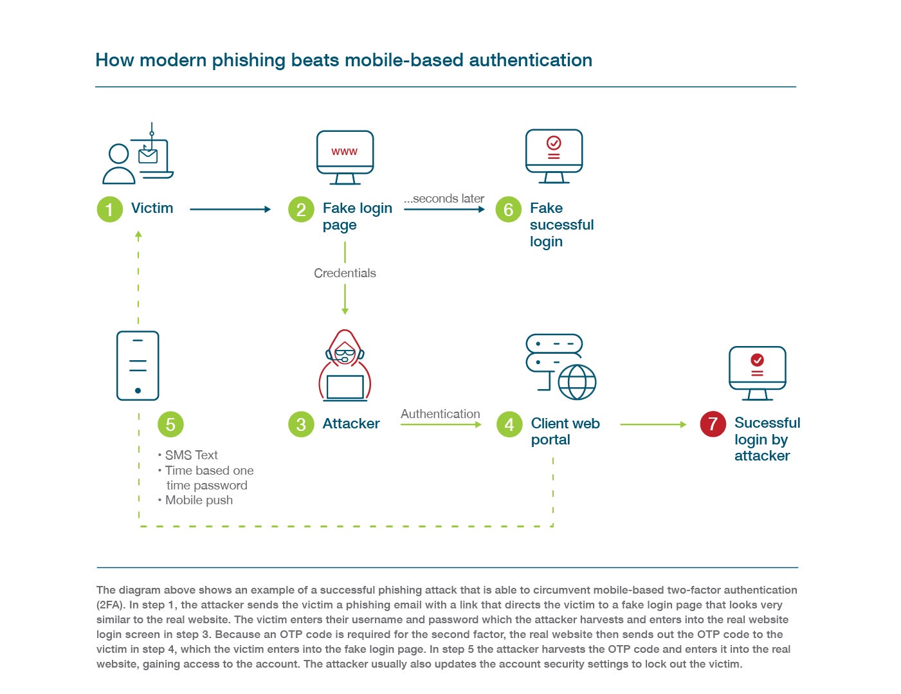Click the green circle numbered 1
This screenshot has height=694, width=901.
click(x=109, y=209)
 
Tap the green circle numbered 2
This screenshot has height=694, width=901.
click(x=301, y=209)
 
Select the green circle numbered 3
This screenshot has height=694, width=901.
click(x=301, y=424)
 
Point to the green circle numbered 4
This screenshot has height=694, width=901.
click(x=509, y=425)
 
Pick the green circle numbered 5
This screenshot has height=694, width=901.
click(x=170, y=425)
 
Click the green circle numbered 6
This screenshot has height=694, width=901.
click(x=508, y=209)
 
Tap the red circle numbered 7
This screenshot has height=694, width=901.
click(x=713, y=424)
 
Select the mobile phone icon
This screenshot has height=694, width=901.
click(x=138, y=365)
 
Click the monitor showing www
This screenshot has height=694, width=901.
click(x=345, y=157)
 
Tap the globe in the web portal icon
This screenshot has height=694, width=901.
click(x=577, y=382)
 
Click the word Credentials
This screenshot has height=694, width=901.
click(x=345, y=273)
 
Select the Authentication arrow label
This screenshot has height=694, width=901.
click(x=440, y=414)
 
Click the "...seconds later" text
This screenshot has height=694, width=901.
click(x=444, y=199)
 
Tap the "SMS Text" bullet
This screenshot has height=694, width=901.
click(x=191, y=455)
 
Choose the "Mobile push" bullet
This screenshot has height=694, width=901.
click(x=198, y=500)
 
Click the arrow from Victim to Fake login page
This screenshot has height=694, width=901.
click(x=230, y=209)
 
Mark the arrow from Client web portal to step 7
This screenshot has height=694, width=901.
click(x=653, y=425)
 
